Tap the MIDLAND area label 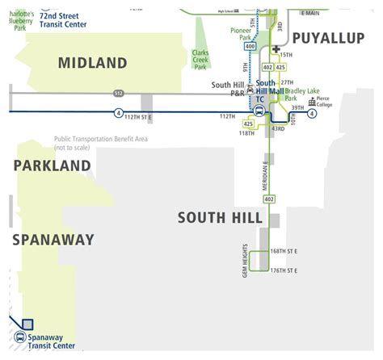(x=93, y=63)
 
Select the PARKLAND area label (x=52, y=165)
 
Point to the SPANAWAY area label (x=53, y=240)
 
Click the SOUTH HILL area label (x=220, y=218)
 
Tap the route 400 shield (x=250, y=48)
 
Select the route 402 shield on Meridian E (x=269, y=199)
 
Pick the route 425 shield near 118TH (x=249, y=123)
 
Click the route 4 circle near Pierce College (x=312, y=112)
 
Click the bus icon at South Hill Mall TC (x=260, y=110)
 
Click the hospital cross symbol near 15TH (x=276, y=49)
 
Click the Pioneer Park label (x=240, y=33)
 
